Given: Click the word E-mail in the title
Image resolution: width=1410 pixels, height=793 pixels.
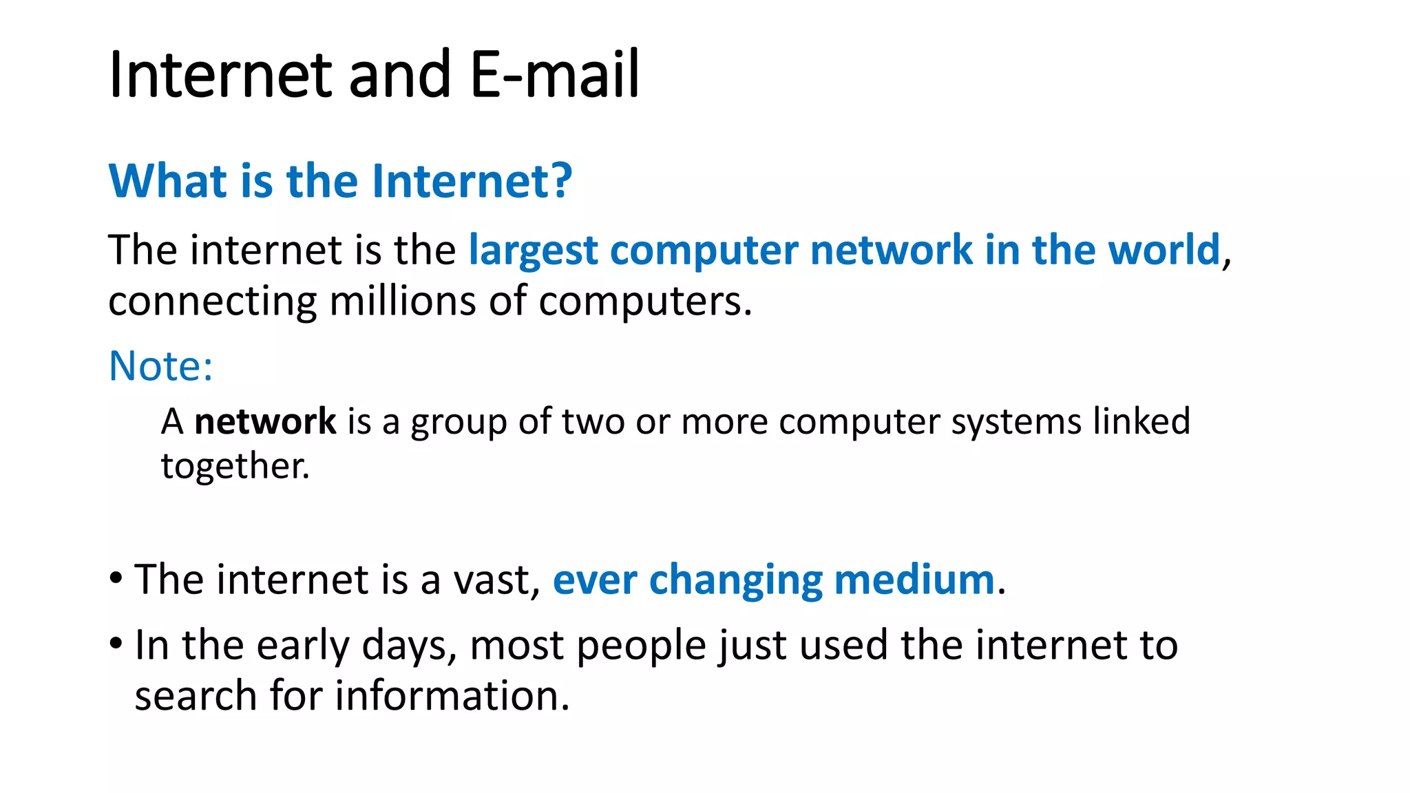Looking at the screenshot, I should pyautogui.click(x=555, y=74).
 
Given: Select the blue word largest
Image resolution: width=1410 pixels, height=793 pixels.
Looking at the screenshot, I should pyautogui.click(x=533, y=251).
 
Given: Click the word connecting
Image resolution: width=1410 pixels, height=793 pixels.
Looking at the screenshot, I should pyautogui.click(x=213, y=302).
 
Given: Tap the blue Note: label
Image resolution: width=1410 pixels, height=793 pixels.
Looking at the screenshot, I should pyautogui.click(x=161, y=366).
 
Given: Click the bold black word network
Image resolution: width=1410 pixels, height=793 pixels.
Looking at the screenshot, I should pyautogui.click(x=265, y=421).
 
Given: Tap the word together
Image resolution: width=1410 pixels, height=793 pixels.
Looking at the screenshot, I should pyautogui.click(x=235, y=467).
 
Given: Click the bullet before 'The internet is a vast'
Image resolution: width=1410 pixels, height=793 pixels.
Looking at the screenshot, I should pyautogui.click(x=116, y=577).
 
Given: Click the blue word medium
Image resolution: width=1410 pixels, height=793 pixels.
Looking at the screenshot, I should pyautogui.click(x=914, y=580).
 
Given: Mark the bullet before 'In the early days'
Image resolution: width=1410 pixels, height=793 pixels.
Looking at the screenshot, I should pyautogui.click(x=116, y=644).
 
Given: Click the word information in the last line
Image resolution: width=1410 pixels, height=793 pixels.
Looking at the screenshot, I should pyautogui.click(x=452, y=696).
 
